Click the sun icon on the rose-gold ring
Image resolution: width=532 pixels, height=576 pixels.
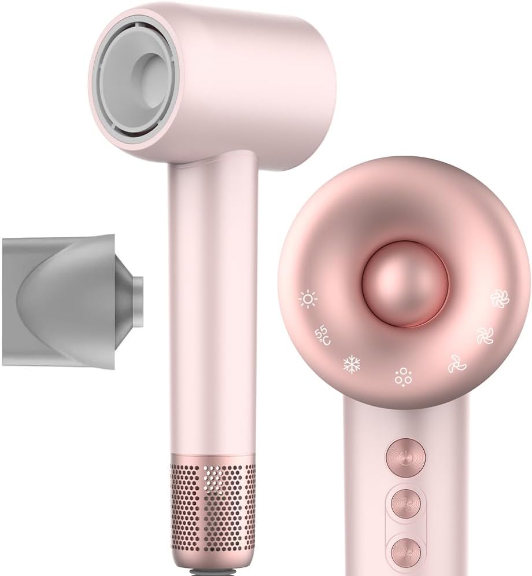[308, 299]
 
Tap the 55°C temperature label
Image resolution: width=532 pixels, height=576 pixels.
[322, 335]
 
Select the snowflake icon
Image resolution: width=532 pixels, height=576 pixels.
[352, 364]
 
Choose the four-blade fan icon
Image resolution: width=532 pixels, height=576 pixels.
[485, 335]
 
